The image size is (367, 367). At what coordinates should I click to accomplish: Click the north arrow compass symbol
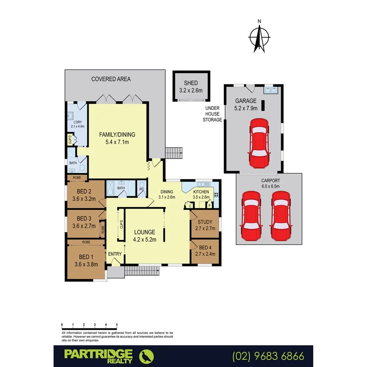point(259,37)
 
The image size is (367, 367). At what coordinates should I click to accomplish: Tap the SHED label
point(191,83)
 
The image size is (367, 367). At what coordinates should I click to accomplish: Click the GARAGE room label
point(246,101)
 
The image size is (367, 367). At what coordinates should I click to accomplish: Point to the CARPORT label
point(270,182)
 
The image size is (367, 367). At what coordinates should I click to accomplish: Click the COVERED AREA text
point(111,79)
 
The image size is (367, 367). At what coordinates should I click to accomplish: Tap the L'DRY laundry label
point(78,122)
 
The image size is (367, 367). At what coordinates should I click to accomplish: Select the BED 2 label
point(84,193)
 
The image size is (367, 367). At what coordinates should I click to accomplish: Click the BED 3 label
point(84,219)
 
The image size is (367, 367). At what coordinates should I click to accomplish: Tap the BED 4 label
point(205,247)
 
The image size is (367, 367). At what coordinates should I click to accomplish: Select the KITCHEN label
point(200,192)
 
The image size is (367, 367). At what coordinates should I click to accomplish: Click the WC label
point(141,189)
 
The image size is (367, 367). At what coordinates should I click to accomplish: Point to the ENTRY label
point(115,254)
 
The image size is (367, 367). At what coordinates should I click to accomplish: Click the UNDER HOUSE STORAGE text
point(212,114)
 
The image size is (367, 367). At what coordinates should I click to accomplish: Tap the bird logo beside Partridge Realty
point(147,356)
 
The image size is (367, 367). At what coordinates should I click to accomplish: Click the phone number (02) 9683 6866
point(269,356)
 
